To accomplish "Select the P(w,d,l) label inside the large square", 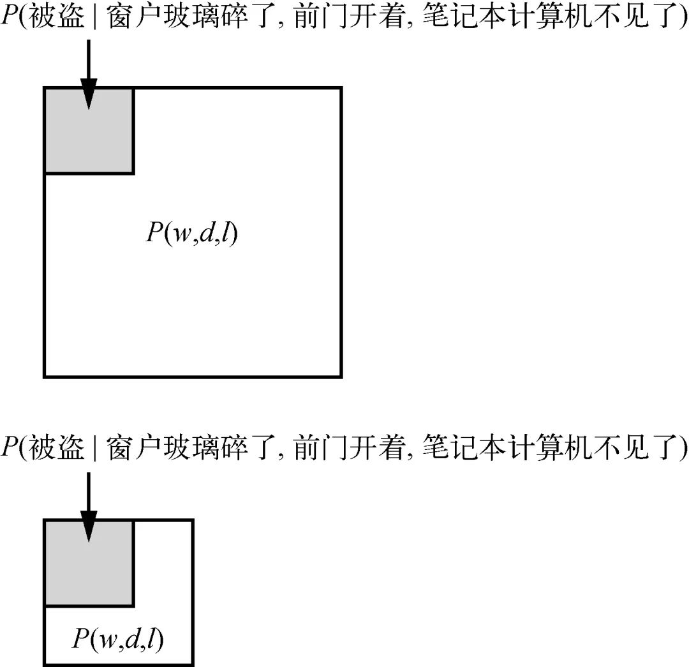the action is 192,234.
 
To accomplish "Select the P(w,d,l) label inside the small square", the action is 118,639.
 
